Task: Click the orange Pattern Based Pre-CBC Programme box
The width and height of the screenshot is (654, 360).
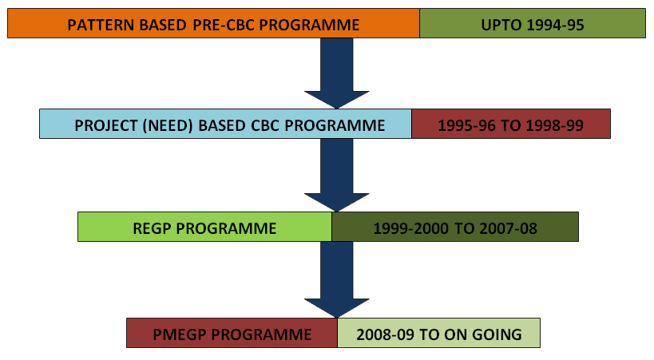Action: (x=213, y=23)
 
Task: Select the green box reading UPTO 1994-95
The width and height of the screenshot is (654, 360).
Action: (x=533, y=23)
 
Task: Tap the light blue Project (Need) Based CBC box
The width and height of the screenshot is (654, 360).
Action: (x=226, y=124)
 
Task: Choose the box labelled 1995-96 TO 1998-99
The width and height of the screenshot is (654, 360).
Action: (x=511, y=124)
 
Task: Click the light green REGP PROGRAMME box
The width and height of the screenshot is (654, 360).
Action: (x=204, y=227)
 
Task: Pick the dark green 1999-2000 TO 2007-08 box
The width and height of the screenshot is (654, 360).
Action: (x=455, y=227)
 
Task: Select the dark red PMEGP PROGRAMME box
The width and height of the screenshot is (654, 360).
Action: (x=232, y=333)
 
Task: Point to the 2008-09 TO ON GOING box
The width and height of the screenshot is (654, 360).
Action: (x=438, y=333)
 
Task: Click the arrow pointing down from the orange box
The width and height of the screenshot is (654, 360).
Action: (x=337, y=73)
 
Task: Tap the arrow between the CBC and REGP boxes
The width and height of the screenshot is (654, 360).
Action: (x=337, y=175)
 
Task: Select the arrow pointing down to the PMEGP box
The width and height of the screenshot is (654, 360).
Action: (x=337, y=279)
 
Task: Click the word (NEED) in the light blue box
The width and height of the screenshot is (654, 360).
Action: (x=168, y=125)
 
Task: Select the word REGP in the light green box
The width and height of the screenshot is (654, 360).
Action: (x=152, y=228)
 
